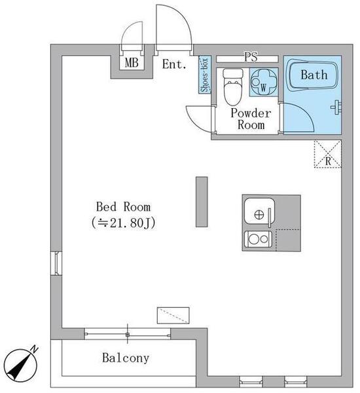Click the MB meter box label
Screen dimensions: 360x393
pyautogui.click(x=132, y=63)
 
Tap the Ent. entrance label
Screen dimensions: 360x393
pyautogui.click(x=174, y=64)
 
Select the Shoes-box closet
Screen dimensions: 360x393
pyautogui.click(x=205, y=75)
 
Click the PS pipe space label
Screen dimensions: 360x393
pyautogui.click(x=251, y=57)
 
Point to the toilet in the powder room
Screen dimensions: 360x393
pyautogui.click(x=233, y=86)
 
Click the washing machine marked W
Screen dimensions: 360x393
pyautogui.click(x=264, y=82)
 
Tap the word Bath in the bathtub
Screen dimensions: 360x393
pyautogui.click(x=314, y=75)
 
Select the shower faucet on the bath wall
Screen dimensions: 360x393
pyautogui.click(x=336, y=107)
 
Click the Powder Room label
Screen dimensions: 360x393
pyautogui.click(x=251, y=119)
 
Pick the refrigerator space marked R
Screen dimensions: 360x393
pyautogui.click(x=328, y=154)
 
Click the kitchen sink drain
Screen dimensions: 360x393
pyautogui.click(x=259, y=215)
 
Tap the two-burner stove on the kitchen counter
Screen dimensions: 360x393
pyautogui.click(x=258, y=239)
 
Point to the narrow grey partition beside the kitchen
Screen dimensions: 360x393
pyautogui.click(x=202, y=202)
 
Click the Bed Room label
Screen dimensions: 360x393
pyautogui.click(x=124, y=207)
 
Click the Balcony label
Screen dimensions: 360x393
pyautogui.click(x=126, y=358)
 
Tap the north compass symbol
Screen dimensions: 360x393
pyautogui.click(x=21, y=365)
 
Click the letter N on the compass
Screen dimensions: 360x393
pyautogui.click(x=34, y=349)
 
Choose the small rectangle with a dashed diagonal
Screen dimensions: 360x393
pyautogui.click(x=173, y=315)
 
